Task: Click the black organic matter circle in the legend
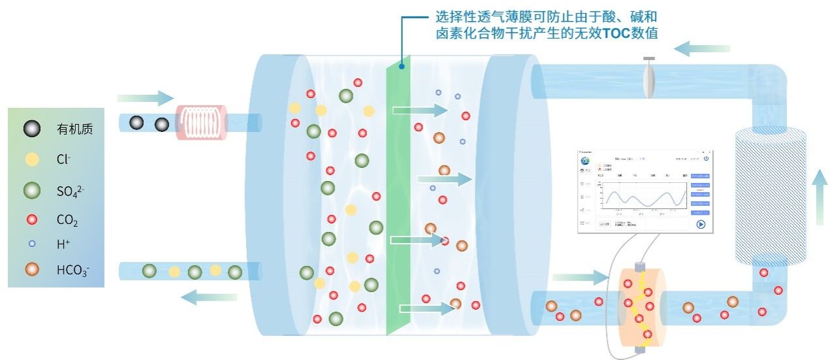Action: [31, 129]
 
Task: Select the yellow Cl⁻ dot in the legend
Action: [31, 159]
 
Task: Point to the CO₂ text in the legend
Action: [67, 221]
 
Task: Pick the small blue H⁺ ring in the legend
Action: [31, 243]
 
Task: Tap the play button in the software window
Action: [701, 224]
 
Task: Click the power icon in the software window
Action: [706, 158]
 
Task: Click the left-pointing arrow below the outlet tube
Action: [208, 298]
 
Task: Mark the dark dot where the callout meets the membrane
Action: [402, 65]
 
